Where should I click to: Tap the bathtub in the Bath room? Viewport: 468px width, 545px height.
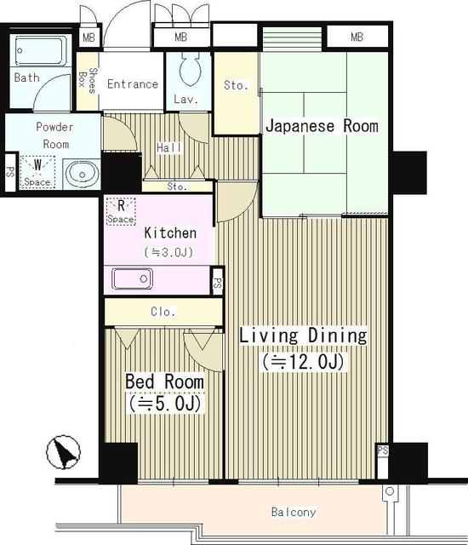[x=41, y=50]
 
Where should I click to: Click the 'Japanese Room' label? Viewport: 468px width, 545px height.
[x=322, y=127]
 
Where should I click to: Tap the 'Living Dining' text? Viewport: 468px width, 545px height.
[x=302, y=336]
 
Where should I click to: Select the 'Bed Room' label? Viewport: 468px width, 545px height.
[x=163, y=380]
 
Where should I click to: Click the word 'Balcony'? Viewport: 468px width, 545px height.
[x=294, y=513]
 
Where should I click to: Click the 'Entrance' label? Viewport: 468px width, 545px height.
[x=132, y=83]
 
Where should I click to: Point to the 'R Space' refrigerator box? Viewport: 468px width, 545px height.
[x=121, y=210]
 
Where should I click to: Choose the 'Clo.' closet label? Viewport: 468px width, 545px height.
[x=163, y=312]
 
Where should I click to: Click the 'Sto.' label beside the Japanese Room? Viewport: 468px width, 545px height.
[x=236, y=85]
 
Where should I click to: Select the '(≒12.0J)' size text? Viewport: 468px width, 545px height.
[x=302, y=362]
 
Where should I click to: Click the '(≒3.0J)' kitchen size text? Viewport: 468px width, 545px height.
[x=170, y=252]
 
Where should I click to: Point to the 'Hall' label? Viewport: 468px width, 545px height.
[x=169, y=147]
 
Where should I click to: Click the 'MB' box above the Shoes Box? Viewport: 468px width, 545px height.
[x=87, y=38]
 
